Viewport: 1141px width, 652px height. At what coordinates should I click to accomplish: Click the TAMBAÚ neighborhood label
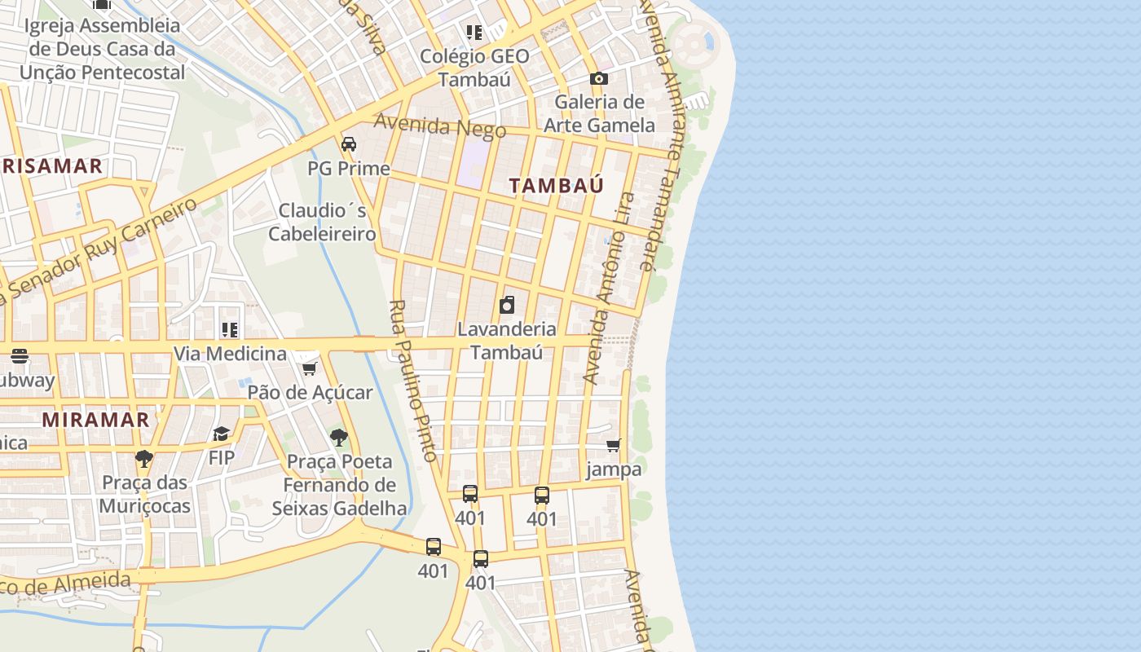[557, 185]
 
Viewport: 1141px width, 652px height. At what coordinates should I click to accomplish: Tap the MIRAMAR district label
[95, 420]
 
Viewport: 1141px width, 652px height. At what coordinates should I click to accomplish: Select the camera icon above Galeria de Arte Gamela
[599, 78]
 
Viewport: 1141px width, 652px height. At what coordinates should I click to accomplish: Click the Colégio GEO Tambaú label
[474, 68]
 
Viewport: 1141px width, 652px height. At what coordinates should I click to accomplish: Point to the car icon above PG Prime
[349, 144]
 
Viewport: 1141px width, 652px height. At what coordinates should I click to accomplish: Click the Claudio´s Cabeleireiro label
[322, 222]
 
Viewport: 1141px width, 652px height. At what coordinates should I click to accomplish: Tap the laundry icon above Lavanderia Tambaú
[507, 305]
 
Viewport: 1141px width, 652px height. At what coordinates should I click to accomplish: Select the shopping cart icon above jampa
[614, 445]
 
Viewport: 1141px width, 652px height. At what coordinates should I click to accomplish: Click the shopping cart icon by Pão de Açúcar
[309, 369]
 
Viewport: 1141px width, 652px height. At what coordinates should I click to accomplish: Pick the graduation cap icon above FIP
[222, 434]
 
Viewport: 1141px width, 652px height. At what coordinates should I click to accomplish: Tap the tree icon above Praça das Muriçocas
[144, 458]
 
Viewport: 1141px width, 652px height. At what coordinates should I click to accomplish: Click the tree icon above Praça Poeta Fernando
[339, 438]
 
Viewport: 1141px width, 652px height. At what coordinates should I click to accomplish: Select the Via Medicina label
[230, 354]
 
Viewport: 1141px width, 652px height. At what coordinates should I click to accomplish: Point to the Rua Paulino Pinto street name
[413, 381]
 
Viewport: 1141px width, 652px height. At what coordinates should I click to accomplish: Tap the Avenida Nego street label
[440, 126]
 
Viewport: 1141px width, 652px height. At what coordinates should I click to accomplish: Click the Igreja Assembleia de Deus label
[102, 49]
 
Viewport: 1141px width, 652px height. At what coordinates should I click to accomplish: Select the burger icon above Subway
[20, 356]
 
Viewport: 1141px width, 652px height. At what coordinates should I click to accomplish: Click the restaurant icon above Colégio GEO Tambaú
[474, 33]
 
